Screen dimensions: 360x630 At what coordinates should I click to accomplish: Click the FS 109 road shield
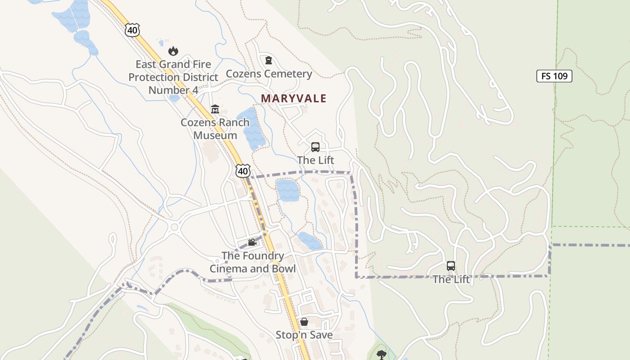554,76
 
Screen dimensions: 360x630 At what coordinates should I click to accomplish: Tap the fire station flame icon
173,51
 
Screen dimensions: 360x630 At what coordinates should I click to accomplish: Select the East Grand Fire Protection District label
173,77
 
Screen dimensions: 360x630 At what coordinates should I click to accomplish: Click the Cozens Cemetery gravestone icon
269,60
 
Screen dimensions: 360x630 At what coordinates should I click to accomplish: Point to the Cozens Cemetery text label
269,74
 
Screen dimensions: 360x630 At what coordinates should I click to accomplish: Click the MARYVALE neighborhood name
293,98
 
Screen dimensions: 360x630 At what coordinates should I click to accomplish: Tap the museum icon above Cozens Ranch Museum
215,109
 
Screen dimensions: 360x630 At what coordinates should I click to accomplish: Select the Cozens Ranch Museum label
215,129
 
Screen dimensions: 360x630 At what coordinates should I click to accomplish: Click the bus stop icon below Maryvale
315,147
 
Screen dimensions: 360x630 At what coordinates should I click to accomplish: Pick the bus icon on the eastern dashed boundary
451,266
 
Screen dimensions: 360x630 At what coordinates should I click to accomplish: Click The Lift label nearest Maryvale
315,160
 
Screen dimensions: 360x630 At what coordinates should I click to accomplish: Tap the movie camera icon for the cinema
252,243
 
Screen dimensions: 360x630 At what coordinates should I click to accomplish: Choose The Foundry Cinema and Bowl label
252,262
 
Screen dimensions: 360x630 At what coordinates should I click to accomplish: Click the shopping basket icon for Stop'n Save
304,322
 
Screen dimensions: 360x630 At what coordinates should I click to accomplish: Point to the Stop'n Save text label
304,335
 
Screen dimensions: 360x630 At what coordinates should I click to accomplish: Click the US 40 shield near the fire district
133,30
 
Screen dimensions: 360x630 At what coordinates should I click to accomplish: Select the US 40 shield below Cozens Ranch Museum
243,171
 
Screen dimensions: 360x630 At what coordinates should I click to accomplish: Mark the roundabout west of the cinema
174,227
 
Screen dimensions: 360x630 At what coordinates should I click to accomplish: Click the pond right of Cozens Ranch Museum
254,128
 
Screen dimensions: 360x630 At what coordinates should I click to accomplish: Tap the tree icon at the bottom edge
382,354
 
